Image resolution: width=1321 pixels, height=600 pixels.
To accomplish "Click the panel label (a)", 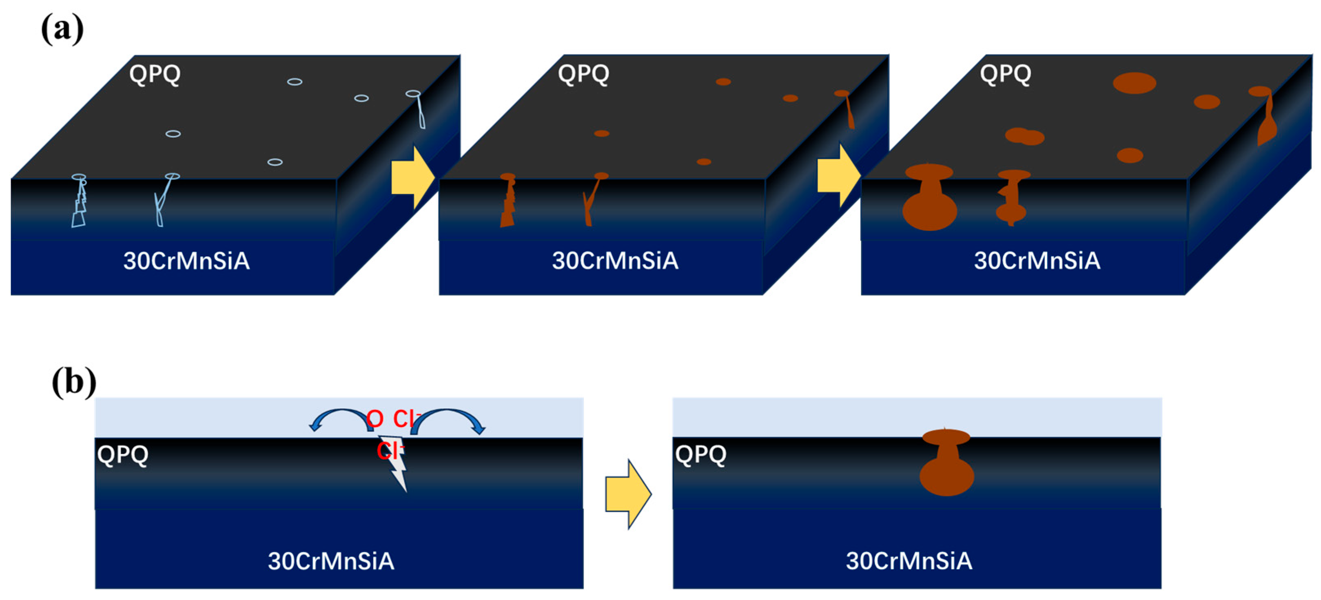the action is [x=62, y=29].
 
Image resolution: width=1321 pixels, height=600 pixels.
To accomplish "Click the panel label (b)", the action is [x=74, y=382].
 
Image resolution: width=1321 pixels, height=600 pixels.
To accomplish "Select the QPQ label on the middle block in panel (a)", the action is [x=583, y=74].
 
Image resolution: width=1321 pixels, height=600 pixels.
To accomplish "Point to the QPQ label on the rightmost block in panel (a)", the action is [x=1005, y=74].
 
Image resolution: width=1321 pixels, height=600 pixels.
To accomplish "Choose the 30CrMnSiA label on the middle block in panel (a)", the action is [x=615, y=261].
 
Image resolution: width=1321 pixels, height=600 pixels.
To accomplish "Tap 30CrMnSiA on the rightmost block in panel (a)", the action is [x=1037, y=261].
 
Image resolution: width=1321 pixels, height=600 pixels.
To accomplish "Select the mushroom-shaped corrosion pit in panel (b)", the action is [x=946, y=464].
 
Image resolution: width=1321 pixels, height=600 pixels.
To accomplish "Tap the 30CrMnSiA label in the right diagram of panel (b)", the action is [x=909, y=561].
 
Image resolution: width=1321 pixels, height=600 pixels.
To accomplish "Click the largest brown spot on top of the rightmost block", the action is [x=1134, y=83].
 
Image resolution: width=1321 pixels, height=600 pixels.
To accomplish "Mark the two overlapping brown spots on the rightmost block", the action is [x=1024, y=136].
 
